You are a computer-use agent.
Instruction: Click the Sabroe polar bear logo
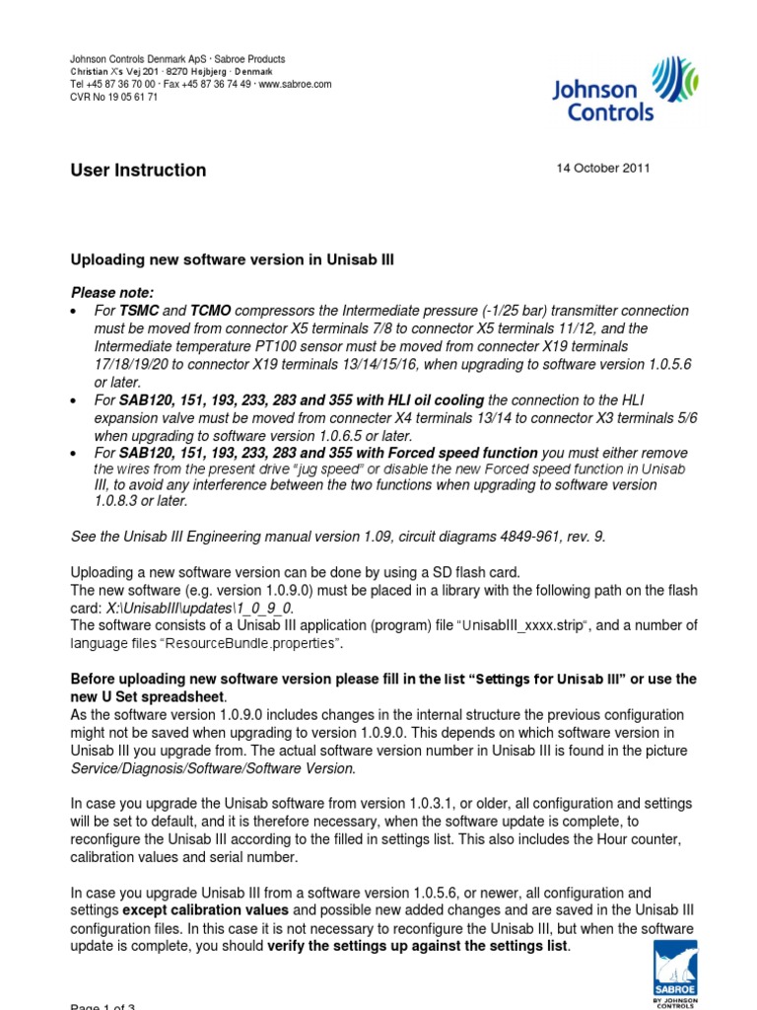675,972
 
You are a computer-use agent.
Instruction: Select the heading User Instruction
138,170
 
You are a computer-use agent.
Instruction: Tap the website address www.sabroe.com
295,85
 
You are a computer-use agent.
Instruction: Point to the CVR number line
113,98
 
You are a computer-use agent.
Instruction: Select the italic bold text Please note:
112,293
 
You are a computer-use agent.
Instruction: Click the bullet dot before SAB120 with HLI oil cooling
76,400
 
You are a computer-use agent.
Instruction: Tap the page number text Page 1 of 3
103,1006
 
